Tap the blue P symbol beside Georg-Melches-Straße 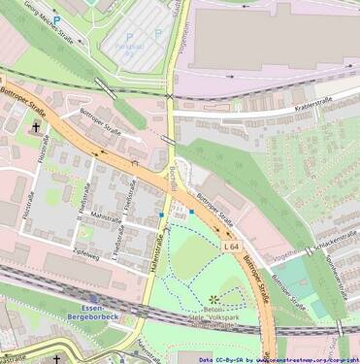coord(57,18)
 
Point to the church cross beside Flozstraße coord(38,126)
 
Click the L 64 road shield coord(231,248)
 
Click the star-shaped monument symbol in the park coord(213,298)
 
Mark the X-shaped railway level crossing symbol coord(170,96)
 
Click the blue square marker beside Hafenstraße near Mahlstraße coord(161,214)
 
